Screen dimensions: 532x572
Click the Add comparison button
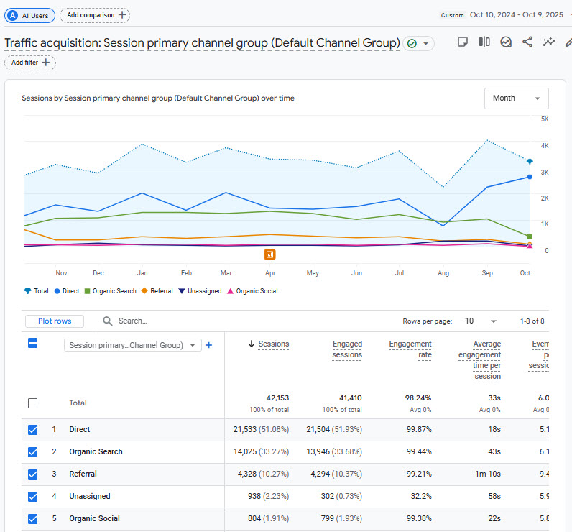point(95,14)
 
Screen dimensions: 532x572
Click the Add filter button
point(30,63)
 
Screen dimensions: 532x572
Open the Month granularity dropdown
point(516,98)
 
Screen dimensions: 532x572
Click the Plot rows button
point(54,321)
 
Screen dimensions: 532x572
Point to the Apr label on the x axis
point(270,273)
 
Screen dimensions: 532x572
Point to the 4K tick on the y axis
point(545,146)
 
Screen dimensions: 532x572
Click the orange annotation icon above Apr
point(269,254)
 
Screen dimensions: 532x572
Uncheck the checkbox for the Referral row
point(32,474)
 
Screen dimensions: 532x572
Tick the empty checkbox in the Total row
point(32,403)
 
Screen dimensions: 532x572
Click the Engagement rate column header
point(410,349)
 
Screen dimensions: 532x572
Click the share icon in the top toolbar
point(527,42)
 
